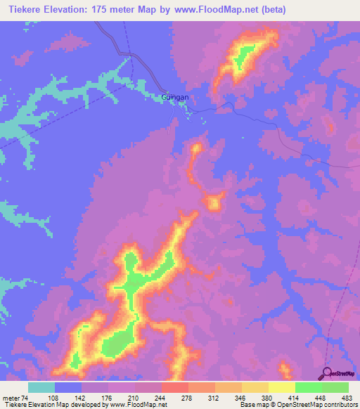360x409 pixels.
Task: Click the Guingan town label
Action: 176,98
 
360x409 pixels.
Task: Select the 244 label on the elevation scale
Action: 162,398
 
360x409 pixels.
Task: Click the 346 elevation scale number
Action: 243,398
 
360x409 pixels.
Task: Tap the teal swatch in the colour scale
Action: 41,387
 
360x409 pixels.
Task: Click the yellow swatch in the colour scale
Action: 282,387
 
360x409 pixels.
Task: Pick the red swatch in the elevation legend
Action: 175,387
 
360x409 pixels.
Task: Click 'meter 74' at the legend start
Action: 15,398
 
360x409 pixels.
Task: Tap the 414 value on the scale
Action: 295,398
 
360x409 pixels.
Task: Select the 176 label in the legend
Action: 108,398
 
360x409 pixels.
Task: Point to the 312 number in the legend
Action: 215,398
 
